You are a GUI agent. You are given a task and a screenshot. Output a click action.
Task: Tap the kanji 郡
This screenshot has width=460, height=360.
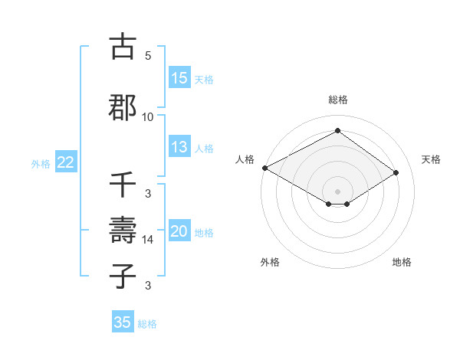[123, 106]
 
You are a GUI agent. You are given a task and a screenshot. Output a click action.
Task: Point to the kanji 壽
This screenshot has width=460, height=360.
[123, 230]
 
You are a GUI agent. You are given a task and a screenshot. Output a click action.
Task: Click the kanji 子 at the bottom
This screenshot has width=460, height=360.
[123, 276]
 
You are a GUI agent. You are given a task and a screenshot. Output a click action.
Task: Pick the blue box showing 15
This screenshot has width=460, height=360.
[179, 78]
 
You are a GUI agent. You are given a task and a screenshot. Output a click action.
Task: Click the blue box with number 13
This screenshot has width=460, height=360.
[179, 147]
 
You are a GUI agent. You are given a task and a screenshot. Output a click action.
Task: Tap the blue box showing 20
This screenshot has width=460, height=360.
[179, 231]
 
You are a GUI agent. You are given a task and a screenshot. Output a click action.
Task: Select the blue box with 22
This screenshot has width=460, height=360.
[66, 162]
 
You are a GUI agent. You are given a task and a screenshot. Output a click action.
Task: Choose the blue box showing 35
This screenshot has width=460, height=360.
[123, 322]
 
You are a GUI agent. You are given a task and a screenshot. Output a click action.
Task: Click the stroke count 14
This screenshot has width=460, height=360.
[148, 240]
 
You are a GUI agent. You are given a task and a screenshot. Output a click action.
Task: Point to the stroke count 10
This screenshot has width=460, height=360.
[148, 116]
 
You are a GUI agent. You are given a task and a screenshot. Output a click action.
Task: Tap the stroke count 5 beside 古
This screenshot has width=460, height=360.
[148, 56]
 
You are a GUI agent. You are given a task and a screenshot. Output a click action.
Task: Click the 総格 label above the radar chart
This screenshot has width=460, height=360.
[337, 100]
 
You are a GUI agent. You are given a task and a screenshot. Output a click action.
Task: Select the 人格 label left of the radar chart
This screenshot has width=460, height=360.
[245, 159]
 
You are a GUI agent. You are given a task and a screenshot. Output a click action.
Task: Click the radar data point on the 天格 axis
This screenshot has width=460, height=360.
[396, 173]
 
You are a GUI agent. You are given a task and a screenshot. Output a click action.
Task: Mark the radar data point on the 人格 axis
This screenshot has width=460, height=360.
[264, 168]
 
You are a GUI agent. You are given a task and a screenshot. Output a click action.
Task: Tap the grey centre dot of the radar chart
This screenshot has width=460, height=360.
[337, 190]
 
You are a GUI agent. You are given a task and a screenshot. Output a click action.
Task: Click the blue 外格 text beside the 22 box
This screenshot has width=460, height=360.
[41, 163]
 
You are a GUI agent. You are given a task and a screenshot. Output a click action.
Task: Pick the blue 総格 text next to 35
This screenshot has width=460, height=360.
[147, 323]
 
